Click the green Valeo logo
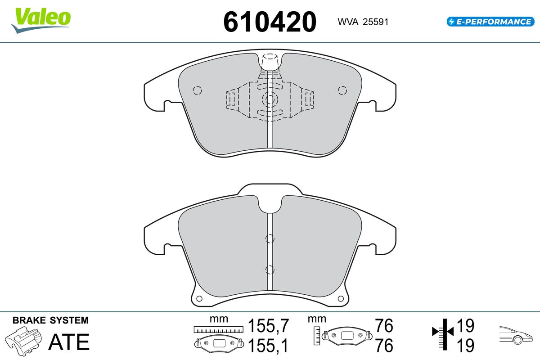click(41, 20)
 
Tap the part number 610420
click(270, 22)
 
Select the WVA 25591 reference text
click(363, 22)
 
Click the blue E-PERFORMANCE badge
click(490, 22)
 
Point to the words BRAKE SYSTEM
click(50, 320)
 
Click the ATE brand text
click(69, 342)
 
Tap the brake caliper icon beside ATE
click(23, 341)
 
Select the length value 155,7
click(268, 325)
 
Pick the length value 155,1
click(268, 345)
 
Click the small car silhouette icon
click(516, 335)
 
